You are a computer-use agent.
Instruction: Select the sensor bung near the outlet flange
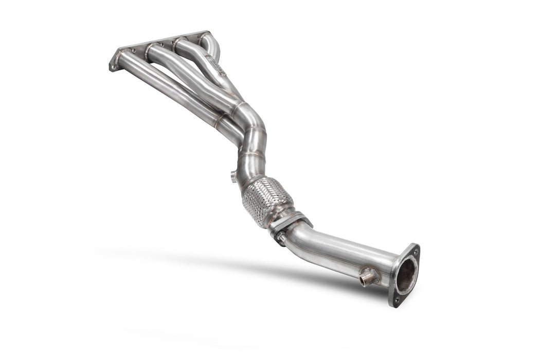point(368,278)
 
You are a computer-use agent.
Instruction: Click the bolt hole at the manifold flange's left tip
point(113,66)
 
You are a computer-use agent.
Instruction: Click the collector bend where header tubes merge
point(247,116)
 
